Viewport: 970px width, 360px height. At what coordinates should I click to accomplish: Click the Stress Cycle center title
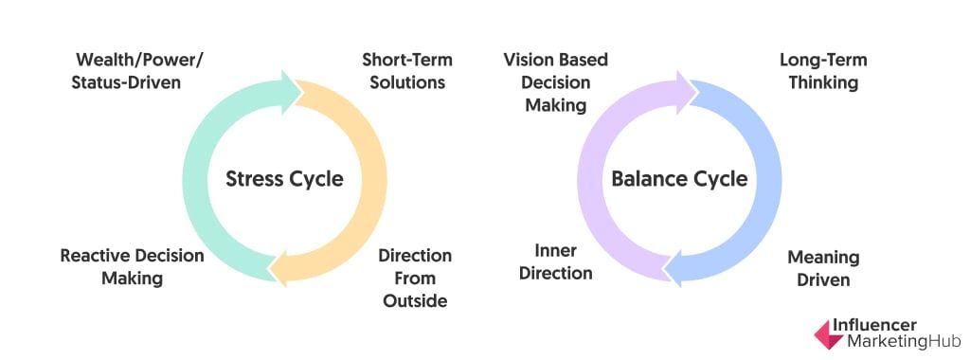(284, 179)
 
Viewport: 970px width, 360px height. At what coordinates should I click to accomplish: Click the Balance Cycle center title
(679, 179)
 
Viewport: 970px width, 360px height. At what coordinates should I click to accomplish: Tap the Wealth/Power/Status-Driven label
(138, 71)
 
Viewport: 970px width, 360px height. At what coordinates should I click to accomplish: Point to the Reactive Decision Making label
(132, 267)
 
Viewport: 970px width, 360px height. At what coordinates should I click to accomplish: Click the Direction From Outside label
(415, 279)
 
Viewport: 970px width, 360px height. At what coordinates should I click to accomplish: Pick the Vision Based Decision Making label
(556, 82)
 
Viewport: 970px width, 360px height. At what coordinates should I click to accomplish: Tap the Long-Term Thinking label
(822, 71)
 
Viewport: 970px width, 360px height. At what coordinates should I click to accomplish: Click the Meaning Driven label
(823, 268)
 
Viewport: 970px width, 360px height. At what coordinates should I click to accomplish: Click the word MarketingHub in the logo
(889, 341)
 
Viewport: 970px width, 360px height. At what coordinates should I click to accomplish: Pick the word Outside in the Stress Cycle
(415, 301)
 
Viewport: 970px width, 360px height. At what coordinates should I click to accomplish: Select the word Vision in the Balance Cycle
(527, 60)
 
